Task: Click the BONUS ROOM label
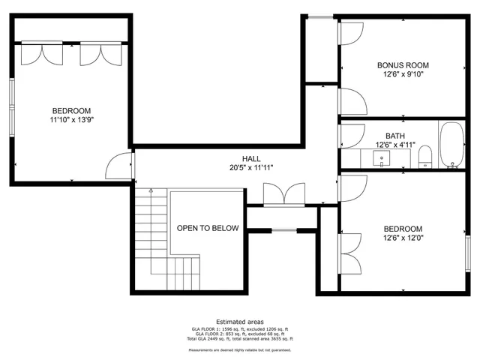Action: coord(403,65)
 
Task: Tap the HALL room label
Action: coord(251,159)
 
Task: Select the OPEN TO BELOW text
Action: coord(208,228)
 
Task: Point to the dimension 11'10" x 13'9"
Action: coord(72,118)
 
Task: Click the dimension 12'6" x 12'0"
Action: coord(403,238)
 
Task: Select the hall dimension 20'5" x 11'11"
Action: coord(251,168)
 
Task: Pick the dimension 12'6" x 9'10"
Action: coord(403,75)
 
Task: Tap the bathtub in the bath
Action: coord(451,145)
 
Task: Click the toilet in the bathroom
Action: coord(425,157)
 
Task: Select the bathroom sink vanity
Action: coord(382,158)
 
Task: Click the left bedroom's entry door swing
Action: coord(118,166)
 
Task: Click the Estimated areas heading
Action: coord(240,321)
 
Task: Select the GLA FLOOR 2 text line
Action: coord(240,334)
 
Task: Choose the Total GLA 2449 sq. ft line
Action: coord(240,339)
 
